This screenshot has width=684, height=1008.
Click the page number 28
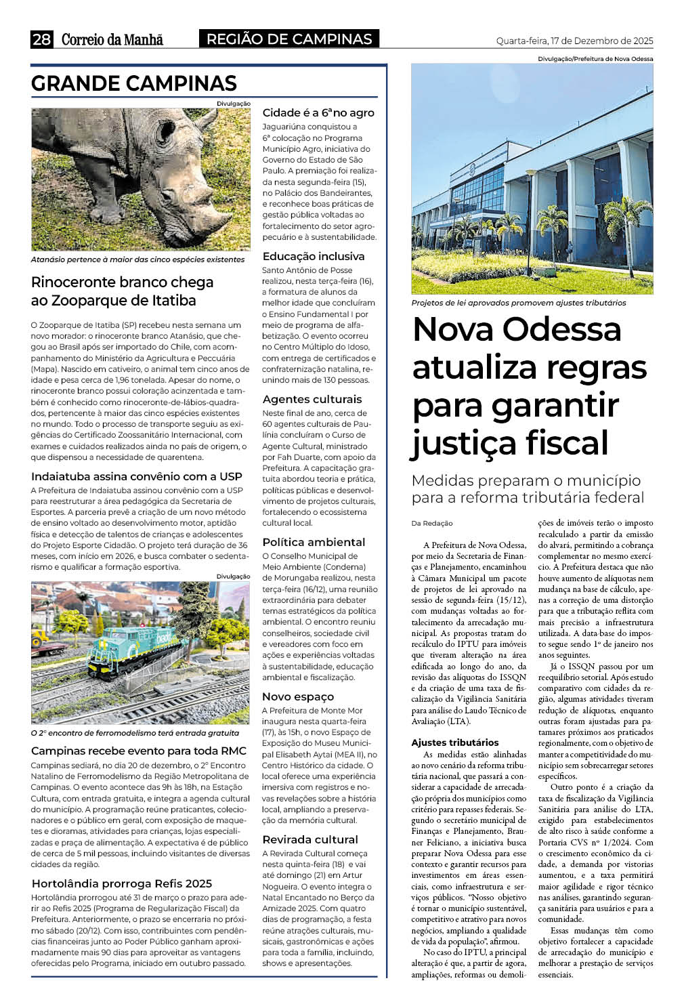click(x=41, y=39)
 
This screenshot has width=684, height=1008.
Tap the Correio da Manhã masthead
click(x=112, y=39)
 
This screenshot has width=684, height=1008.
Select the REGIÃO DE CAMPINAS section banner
click(x=289, y=39)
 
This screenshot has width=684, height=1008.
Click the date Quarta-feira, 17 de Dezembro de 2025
click(x=574, y=41)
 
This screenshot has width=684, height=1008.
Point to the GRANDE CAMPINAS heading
click(x=134, y=83)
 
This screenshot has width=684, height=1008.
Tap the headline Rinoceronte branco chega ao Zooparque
click(x=122, y=291)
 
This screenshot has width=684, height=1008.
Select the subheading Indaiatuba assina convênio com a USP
click(x=136, y=476)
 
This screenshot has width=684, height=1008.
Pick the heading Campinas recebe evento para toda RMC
click(x=139, y=751)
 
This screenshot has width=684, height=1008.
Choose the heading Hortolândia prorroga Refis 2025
click(x=122, y=883)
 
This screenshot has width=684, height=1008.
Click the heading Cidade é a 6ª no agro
click(x=318, y=112)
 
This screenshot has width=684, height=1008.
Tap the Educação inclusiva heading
click(x=314, y=256)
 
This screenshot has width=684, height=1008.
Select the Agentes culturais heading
click(x=312, y=399)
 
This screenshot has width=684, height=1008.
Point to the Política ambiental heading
click(x=314, y=542)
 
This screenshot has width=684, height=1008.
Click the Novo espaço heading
click(x=298, y=696)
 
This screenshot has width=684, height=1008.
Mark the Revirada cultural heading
click(x=310, y=839)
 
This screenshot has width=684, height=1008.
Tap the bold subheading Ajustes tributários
click(x=455, y=742)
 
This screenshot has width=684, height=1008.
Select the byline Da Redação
click(x=432, y=523)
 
